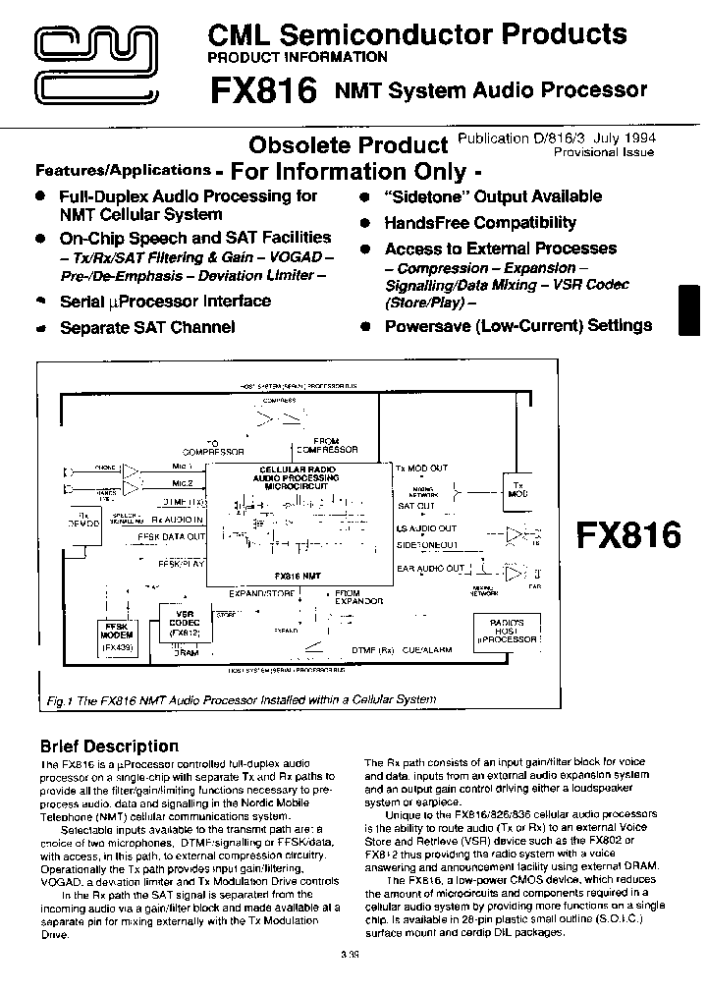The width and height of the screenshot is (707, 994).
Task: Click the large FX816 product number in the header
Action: point(262,90)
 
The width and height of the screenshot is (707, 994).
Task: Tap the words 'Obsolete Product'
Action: point(348,145)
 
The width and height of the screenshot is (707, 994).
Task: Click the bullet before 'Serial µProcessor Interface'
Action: point(41,300)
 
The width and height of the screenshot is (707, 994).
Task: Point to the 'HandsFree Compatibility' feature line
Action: point(480,223)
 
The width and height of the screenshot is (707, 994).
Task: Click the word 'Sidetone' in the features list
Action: point(424,195)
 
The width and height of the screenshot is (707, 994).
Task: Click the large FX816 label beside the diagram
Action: point(627,535)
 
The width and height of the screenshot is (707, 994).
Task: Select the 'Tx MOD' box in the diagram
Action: point(518,487)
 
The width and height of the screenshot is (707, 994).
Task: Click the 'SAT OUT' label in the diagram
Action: point(416,506)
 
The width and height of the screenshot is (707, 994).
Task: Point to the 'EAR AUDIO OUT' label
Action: point(430,569)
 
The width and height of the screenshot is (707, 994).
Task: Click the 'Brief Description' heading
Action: point(109,745)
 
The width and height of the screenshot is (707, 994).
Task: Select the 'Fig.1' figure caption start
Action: point(61,699)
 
